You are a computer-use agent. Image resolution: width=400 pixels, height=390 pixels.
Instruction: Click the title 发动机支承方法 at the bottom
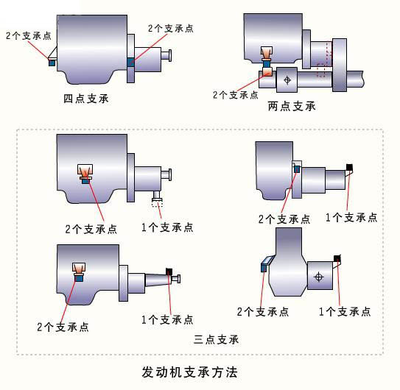(189, 372)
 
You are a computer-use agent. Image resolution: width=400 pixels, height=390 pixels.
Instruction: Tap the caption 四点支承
(86, 99)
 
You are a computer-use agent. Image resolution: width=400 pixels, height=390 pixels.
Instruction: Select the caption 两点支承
(292, 106)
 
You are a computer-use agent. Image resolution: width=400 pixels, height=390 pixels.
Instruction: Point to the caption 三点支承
(216, 339)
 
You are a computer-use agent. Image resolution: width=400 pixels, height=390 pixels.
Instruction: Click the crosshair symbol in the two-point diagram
(287, 80)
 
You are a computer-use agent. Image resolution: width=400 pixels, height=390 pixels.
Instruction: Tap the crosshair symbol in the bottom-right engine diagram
(319, 277)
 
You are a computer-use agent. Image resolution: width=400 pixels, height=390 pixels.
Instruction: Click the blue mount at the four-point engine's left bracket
(52, 63)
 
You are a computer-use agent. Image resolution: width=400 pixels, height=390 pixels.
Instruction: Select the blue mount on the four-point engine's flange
(130, 62)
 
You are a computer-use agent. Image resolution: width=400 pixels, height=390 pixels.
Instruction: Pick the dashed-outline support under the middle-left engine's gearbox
(157, 204)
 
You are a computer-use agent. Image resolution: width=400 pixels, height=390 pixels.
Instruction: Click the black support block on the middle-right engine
(349, 168)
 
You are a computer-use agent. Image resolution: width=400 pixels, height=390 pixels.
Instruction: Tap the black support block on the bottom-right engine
(337, 258)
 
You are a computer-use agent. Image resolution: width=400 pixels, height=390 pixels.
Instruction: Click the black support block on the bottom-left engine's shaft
(169, 272)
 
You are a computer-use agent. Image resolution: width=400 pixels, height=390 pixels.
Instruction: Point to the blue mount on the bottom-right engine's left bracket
(264, 268)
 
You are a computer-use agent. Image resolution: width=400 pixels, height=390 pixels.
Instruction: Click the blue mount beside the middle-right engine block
(297, 169)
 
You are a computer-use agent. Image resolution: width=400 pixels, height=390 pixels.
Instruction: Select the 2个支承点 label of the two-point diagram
(236, 95)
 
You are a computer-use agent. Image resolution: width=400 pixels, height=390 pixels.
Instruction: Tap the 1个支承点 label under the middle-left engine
(167, 227)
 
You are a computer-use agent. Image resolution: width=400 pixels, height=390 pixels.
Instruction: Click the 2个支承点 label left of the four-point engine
(29, 35)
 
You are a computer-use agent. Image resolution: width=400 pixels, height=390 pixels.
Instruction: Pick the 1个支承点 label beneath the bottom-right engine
(345, 311)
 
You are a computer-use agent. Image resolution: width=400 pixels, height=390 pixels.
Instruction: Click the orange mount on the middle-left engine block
(85, 174)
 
